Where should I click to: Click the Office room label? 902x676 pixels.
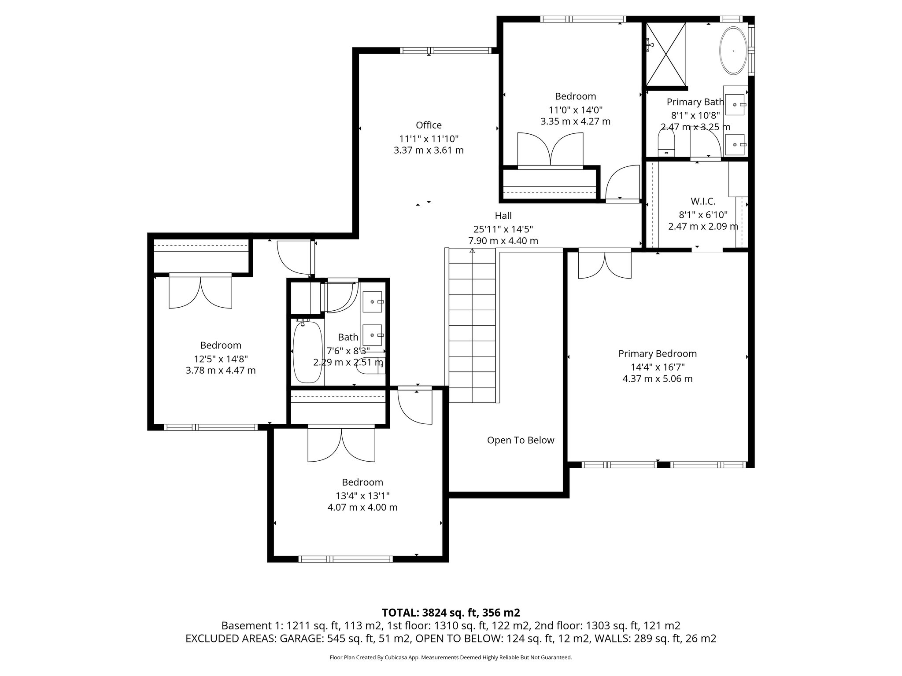[x=429, y=125]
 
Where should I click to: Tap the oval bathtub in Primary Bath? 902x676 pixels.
[x=733, y=51]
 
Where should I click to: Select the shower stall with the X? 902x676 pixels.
[x=665, y=54]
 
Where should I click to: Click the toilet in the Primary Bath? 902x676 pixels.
[x=666, y=145]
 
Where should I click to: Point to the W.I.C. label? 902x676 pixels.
[x=703, y=202]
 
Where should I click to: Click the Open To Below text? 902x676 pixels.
[x=521, y=440]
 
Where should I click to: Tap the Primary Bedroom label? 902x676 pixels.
[x=657, y=353]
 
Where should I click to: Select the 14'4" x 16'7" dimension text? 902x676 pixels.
[x=657, y=367]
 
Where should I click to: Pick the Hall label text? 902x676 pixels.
[x=503, y=216]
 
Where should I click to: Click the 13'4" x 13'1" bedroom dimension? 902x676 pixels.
[x=362, y=495]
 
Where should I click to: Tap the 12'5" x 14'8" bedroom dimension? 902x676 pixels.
[x=221, y=358]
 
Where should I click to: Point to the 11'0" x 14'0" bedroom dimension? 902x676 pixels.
[x=575, y=110]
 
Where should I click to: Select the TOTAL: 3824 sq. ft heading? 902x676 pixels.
[x=451, y=613]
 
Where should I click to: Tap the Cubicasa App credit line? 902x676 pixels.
[x=451, y=658]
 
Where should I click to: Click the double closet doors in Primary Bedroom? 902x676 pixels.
[x=605, y=265]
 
